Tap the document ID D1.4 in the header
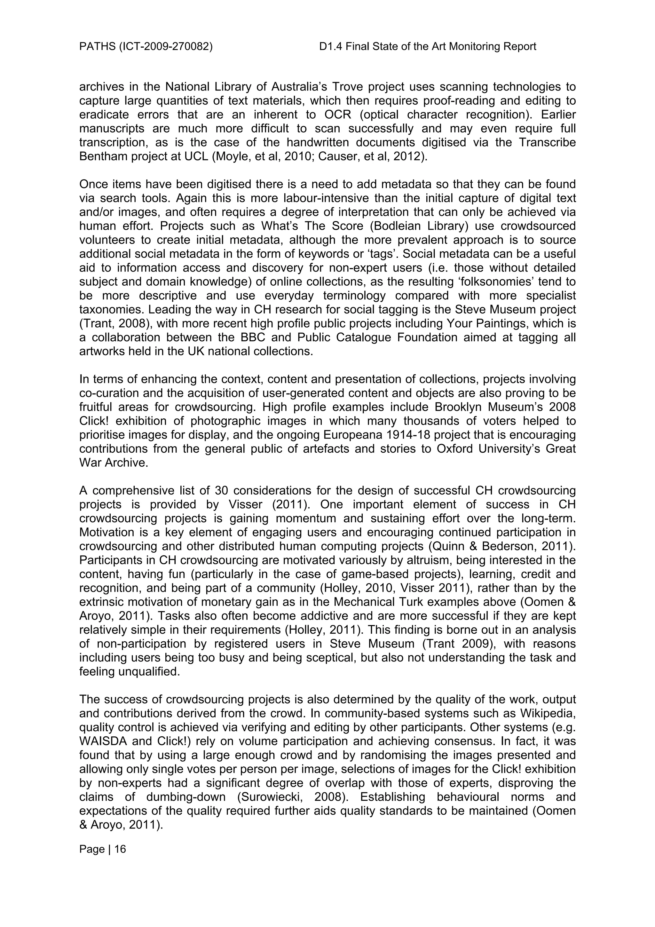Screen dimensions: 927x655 pyautogui.click(x=329, y=47)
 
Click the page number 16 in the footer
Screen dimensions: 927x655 pyautogui.click(x=120, y=849)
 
